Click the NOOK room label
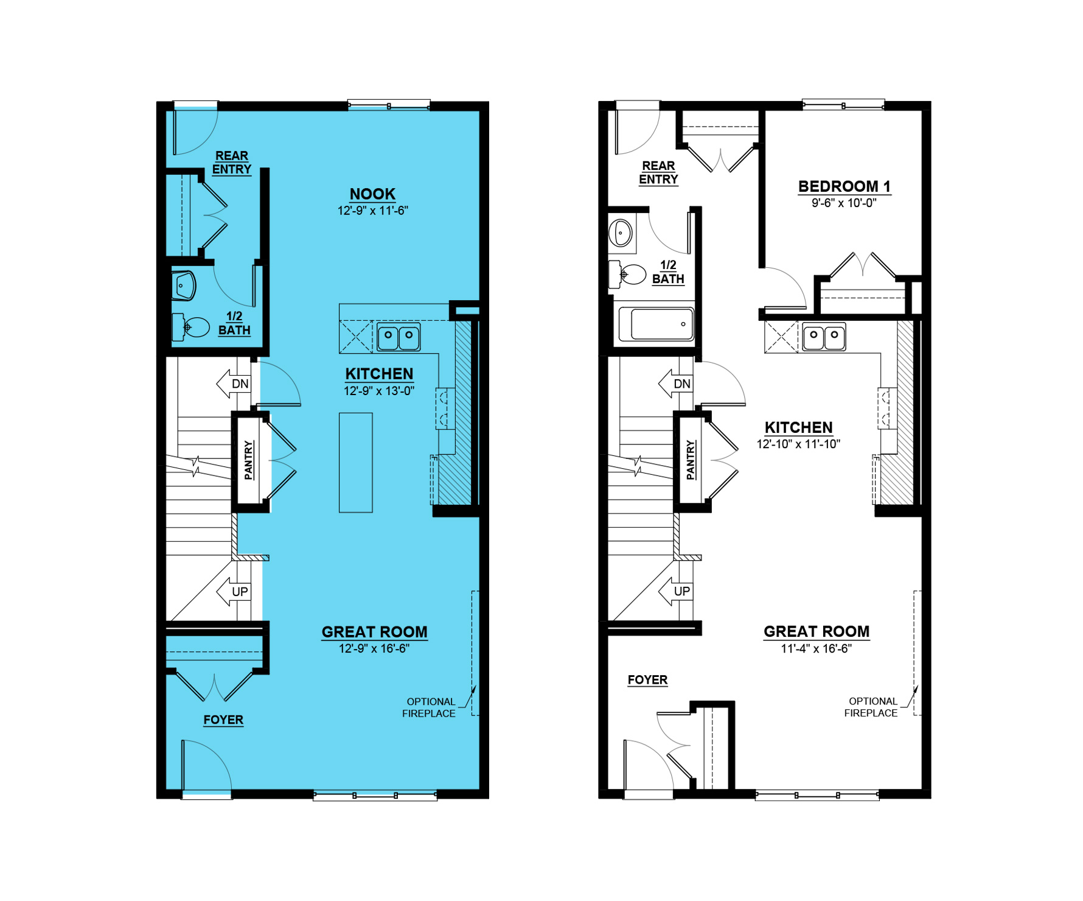(372, 194)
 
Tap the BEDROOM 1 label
(844, 186)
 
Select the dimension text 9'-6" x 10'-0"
(844, 203)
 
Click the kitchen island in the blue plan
(356, 463)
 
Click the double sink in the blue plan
(399, 337)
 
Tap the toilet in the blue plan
(190, 327)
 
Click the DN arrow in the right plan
(675, 384)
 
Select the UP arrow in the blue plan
(234, 592)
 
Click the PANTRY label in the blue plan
(249, 460)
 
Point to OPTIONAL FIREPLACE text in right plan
(871, 707)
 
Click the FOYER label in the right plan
(647, 680)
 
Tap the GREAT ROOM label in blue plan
(375, 632)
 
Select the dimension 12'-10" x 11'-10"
(798, 444)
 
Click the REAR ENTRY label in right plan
(658, 173)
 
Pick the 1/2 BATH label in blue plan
(234, 323)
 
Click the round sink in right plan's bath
(621, 233)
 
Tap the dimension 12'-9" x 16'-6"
(374, 649)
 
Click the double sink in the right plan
(824, 337)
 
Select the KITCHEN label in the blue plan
(379, 374)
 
